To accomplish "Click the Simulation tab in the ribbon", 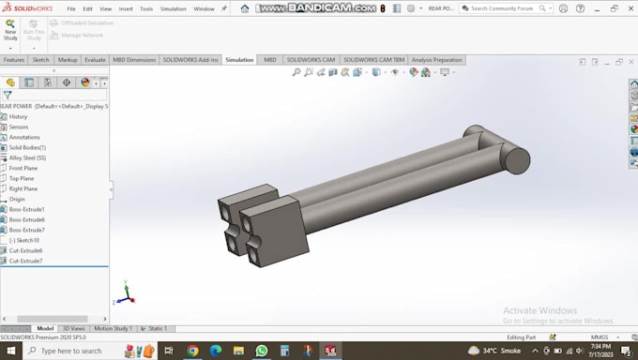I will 239,60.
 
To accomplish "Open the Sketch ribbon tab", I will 41,60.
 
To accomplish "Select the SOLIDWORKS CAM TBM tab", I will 373,60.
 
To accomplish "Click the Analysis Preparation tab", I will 436,60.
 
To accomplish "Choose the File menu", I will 71,8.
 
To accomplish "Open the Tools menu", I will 146,8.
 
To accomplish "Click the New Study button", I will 10,29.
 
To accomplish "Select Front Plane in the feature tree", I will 23,168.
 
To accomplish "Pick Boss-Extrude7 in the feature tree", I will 27,230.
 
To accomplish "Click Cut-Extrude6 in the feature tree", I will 25,250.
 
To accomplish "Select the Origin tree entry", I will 17,199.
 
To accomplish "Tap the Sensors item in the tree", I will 19,127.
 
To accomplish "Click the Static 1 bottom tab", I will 156,328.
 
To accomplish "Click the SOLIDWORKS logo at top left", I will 27,8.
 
